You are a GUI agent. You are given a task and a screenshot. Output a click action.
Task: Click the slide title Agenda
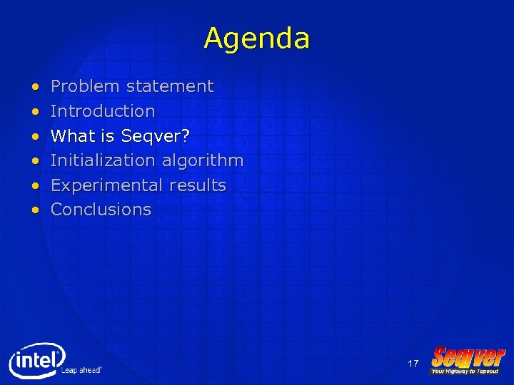tap(256, 38)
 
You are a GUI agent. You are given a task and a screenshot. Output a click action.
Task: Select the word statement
tap(170, 86)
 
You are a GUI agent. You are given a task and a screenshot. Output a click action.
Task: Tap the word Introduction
tap(103, 111)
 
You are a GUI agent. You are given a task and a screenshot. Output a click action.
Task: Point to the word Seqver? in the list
tap(155, 135)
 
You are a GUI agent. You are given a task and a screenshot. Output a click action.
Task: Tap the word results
tap(198, 185)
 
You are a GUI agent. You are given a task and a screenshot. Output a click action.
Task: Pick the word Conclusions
tap(101, 210)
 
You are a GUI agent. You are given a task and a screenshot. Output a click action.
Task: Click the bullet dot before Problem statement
tap(36, 87)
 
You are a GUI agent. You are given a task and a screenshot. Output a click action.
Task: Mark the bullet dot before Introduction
tap(36, 112)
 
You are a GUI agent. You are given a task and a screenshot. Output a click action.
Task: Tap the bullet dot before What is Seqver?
tap(36, 136)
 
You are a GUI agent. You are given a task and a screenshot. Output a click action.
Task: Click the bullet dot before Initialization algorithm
tap(36, 161)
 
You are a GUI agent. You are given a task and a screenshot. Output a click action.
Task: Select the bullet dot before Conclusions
tap(36, 210)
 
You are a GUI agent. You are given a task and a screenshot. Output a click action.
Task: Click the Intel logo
tap(36, 359)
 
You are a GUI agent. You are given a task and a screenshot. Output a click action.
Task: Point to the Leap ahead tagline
tap(81, 370)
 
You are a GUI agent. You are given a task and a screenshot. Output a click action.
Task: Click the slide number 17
tap(413, 364)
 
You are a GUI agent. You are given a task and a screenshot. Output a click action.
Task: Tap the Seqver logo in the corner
tap(468, 361)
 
